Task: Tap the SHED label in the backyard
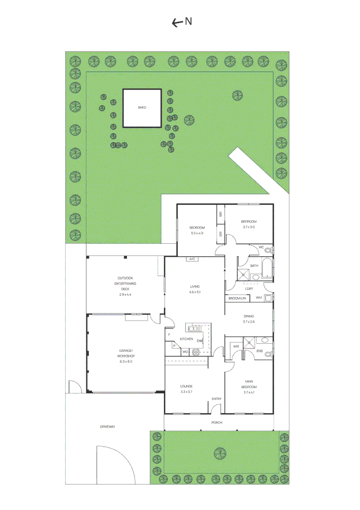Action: [x=142, y=108]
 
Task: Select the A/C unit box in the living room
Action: [x=192, y=259]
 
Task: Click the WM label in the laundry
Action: [x=259, y=298]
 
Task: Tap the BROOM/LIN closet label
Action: [x=237, y=298]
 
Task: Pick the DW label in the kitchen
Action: [x=200, y=340]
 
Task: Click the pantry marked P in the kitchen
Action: [x=174, y=346]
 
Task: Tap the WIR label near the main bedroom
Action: [x=236, y=346]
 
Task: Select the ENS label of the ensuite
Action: [x=260, y=351]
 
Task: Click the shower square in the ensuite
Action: [x=249, y=342]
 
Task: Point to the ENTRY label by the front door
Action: [x=217, y=399]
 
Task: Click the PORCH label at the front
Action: [x=217, y=422]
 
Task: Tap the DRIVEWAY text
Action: [x=108, y=426]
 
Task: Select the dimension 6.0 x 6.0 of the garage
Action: [x=126, y=361]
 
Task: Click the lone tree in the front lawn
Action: [x=220, y=453]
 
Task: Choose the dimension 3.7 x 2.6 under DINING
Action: [x=249, y=322]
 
